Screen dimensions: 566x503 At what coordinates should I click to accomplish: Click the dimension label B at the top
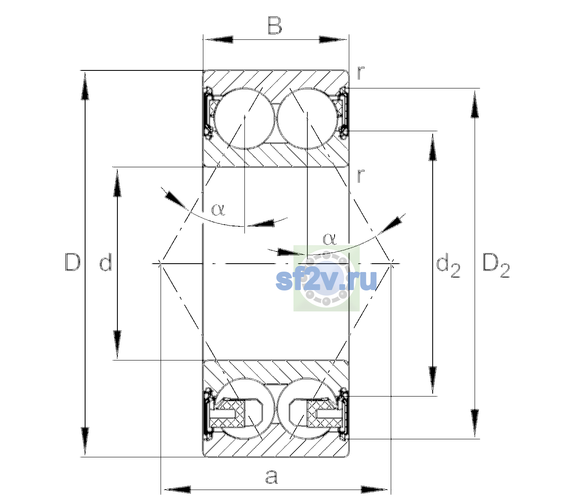(275, 26)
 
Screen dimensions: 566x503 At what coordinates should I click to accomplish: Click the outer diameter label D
(73, 262)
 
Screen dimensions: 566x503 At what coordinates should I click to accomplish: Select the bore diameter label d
(106, 262)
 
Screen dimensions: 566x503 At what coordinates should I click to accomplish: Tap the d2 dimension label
(448, 265)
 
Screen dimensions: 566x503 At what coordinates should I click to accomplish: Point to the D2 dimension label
(496, 266)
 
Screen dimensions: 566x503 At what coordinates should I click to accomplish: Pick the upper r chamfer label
(361, 73)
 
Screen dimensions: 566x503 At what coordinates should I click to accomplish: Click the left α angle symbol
(218, 210)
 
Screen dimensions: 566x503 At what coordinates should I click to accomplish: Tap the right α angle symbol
(330, 239)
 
